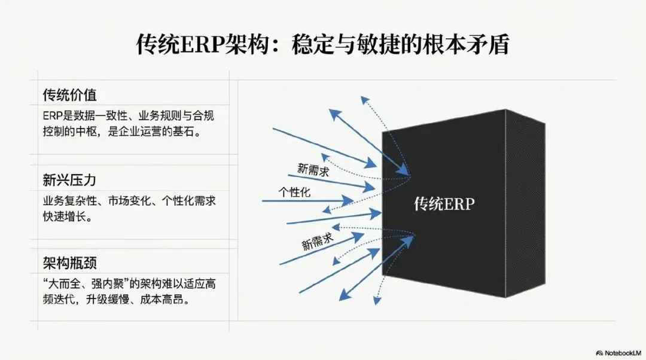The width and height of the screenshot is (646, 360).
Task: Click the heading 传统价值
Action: pyautogui.click(x=69, y=94)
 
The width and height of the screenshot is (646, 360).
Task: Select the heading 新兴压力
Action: pyautogui.click(x=69, y=179)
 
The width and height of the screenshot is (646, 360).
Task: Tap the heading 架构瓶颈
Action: pyautogui.click(x=69, y=264)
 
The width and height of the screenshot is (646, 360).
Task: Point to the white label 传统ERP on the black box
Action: pyautogui.click(x=444, y=204)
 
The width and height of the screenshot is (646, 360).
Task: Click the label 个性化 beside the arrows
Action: pyautogui.click(x=294, y=193)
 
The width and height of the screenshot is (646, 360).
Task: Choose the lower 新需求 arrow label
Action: pyautogui.click(x=317, y=240)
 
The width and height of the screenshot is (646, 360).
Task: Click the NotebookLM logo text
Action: pyautogui.click(x=621, y=353)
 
